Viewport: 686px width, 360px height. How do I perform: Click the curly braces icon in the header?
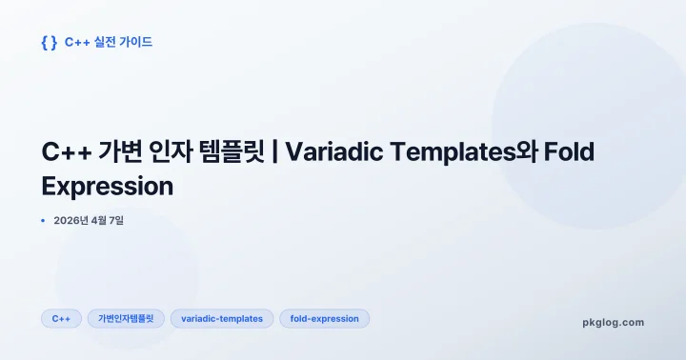tap(50, 42)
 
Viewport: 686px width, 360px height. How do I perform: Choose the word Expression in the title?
tap(108, 186)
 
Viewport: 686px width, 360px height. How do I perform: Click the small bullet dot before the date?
tap(44, 221)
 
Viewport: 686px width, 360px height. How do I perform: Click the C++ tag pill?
tap(61, 319)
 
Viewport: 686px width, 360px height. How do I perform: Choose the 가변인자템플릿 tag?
tap(126, 319)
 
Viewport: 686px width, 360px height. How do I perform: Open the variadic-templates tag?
tap(222, 319)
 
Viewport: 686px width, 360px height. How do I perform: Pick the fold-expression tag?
tap(324, 319)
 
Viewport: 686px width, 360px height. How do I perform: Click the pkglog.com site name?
tap(613, 322)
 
